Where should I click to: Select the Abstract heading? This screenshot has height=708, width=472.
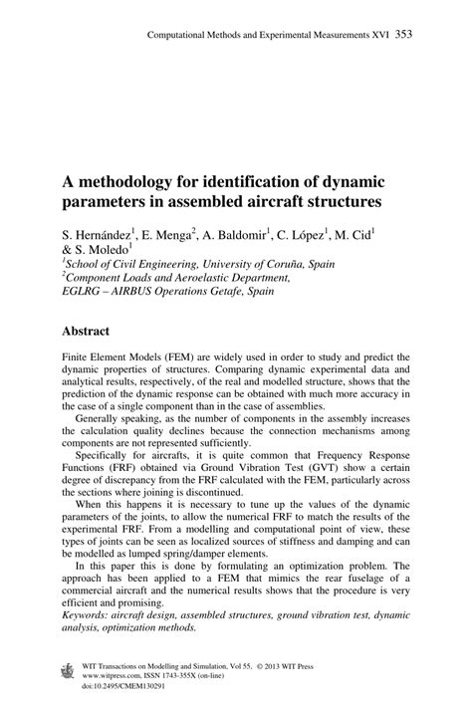pyautogui.click(x=92, y=330)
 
